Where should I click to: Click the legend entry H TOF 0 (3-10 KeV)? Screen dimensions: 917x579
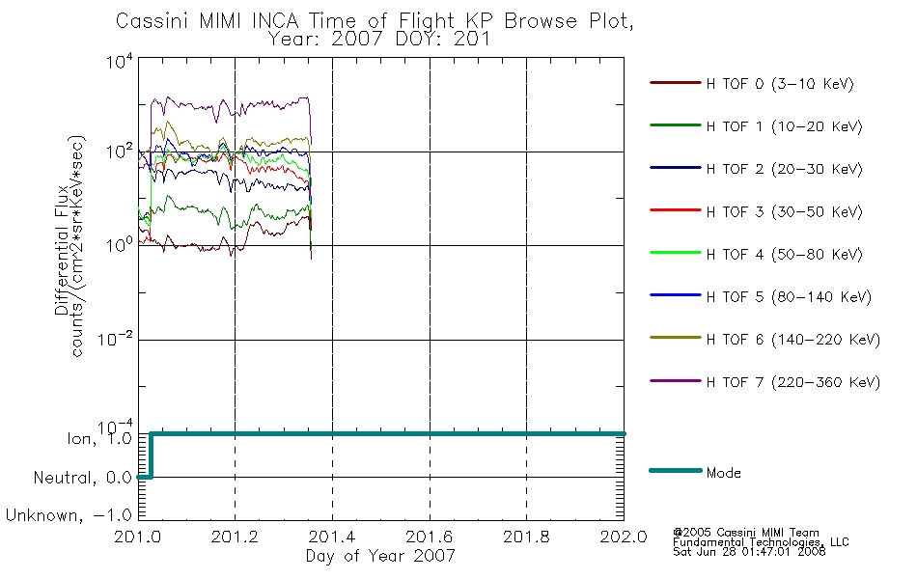click(780, 84)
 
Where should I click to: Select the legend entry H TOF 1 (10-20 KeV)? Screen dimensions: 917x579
click(784, 127)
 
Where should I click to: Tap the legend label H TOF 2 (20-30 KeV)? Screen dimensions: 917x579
click(784, 170)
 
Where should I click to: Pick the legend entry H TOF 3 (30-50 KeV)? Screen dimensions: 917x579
click(784, 211)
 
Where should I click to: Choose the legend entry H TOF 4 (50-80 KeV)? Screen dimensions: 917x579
click(784, 255)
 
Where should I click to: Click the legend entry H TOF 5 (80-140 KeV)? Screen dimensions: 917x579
click(789, 297)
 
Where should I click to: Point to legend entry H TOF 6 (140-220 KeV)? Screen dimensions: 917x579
click(793, 340)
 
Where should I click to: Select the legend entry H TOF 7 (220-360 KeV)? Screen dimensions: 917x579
click(793, 382)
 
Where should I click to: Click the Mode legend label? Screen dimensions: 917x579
click(723, 473)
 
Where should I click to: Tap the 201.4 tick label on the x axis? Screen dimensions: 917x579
click(332, 537)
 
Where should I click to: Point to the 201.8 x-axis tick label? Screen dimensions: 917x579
click(526, 537)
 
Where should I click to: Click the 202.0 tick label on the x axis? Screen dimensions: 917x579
click(624, 537)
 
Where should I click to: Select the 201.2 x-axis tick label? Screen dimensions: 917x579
click(235, 537)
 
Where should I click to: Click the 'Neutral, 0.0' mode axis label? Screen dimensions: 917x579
click(82, 478)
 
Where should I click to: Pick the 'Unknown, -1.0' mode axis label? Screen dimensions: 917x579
click(69, 516)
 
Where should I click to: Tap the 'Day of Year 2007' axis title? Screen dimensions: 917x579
click(380, 556)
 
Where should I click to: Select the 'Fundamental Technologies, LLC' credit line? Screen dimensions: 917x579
click(761, 542)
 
